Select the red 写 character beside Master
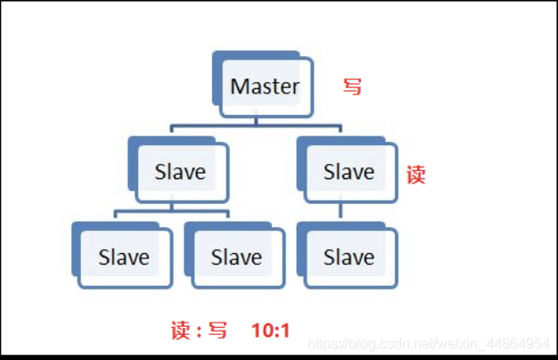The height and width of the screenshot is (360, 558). coord(353,86)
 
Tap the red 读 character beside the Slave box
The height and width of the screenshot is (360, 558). coord(415,175)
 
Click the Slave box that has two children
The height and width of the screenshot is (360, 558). coord(181,171)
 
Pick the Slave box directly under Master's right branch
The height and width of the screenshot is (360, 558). coord(349,171)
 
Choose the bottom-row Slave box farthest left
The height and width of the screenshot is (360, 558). coord(125,258)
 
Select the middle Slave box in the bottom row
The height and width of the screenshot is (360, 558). coord(236,258)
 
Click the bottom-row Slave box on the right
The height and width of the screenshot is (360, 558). coord(349,258)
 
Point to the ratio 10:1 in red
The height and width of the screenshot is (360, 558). coord(270,331)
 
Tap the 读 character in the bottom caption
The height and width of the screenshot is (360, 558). coord(180,331)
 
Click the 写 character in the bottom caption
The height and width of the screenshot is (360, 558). coord(217,331)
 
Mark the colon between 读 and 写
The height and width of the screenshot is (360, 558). coord(199,332)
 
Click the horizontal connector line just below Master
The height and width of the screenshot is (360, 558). coord(258,127)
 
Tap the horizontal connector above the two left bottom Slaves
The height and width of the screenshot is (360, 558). coord(171,211)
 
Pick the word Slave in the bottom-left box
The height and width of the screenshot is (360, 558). coord(125,258)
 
